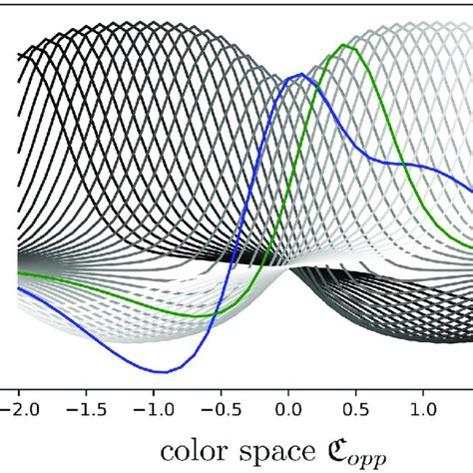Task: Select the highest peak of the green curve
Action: (x=346, y=46)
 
